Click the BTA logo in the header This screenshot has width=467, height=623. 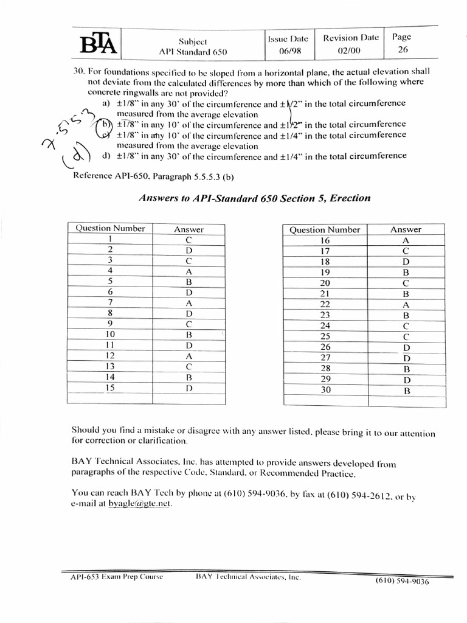[97, 43]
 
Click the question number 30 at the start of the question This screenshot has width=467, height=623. [79, 72]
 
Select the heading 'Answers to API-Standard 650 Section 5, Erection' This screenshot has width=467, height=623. [255, 198]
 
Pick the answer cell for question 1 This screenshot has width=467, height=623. [189, 240]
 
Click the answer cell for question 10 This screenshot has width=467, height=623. [189, 335]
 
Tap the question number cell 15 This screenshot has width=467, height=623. [110, 388]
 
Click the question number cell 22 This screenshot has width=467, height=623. [325, 304]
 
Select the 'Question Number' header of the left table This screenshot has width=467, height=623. [110, 229]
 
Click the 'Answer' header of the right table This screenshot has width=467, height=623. [406, 229]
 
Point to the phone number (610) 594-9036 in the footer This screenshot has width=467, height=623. [403, 581]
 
